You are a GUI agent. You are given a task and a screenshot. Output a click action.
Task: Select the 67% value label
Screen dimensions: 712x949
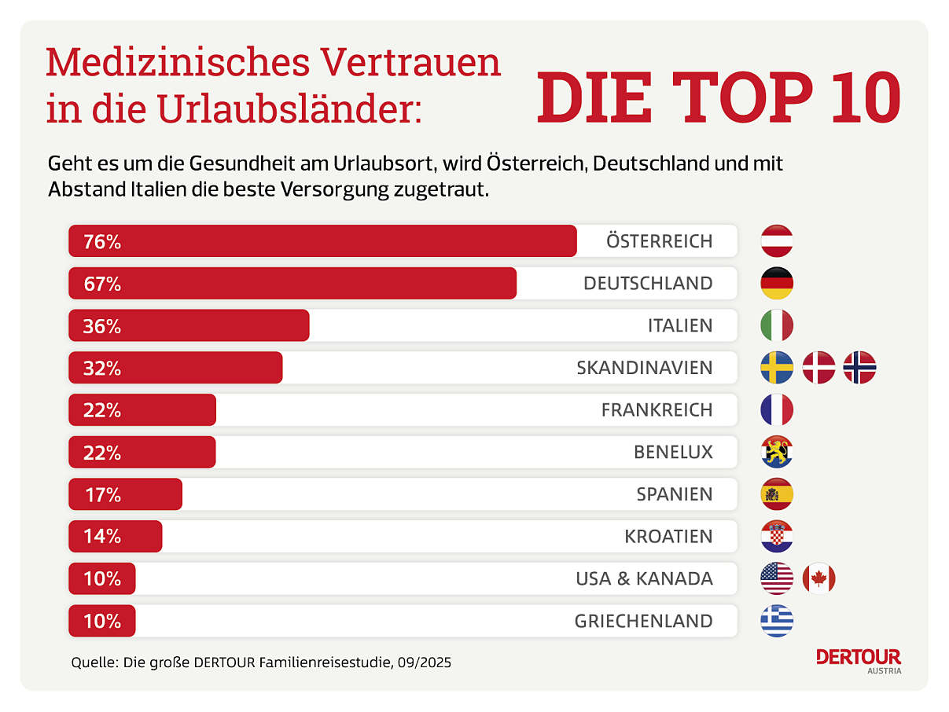102,284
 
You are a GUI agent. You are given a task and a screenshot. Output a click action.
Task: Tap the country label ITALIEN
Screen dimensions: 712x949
680,326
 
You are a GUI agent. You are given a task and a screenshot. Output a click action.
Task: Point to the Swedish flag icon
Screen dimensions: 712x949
777,368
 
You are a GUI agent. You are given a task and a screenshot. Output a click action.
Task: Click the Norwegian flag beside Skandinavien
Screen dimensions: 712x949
859,368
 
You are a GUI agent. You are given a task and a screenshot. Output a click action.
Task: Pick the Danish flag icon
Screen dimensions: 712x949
818,368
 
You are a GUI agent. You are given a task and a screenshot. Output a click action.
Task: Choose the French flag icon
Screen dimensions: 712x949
777,410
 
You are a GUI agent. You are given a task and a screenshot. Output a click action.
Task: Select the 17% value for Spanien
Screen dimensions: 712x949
102,495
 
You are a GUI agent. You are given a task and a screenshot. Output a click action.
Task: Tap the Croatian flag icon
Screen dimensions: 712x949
777,537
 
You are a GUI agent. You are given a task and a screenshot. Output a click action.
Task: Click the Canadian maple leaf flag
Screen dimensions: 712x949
818,579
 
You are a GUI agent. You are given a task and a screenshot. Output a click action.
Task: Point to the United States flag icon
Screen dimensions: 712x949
777,579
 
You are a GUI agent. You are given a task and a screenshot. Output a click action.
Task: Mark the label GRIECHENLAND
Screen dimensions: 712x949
643,622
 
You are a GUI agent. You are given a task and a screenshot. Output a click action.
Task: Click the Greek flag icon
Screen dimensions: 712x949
777,621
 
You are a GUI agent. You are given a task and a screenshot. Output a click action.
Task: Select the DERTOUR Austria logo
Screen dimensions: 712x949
859,660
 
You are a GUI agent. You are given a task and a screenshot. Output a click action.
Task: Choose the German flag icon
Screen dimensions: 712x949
777,284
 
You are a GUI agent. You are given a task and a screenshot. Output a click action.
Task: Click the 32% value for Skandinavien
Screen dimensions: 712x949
102,368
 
